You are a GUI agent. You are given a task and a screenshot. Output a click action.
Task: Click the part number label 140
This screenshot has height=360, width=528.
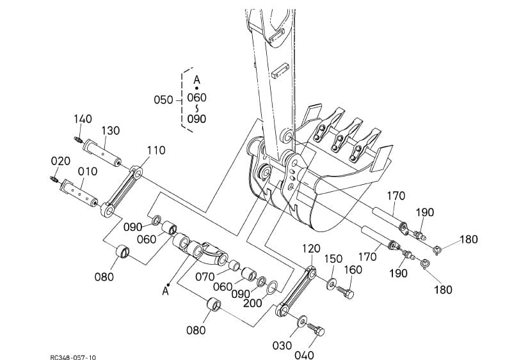83,119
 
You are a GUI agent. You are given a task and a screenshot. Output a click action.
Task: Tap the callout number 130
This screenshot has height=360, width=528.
110,130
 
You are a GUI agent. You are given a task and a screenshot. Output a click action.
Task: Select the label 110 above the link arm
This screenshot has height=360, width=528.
156,150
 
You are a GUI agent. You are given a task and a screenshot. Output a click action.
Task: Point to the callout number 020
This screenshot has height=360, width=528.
60,160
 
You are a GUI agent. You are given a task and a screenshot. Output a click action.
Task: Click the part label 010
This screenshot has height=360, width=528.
88,171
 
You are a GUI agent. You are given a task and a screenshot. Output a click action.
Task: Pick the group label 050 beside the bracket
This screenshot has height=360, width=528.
163,100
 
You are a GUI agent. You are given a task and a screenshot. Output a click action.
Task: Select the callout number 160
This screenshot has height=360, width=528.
354,270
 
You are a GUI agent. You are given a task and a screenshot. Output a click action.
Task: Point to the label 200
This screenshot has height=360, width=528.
253,303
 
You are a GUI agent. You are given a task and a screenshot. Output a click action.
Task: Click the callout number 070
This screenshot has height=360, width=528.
206,278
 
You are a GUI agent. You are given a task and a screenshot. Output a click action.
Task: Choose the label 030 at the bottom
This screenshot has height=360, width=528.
282,346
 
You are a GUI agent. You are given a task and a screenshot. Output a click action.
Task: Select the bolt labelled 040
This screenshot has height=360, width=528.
317,331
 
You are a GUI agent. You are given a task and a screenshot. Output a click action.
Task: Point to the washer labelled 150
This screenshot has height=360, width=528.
332,283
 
